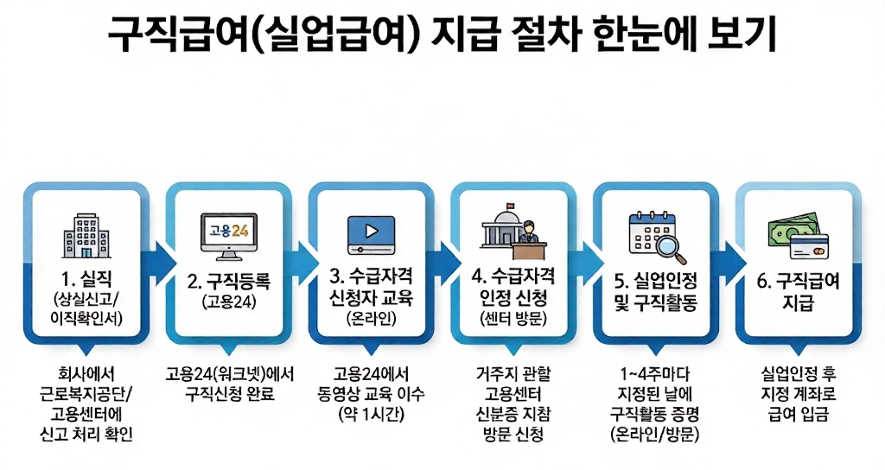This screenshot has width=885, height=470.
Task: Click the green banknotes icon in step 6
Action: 790,231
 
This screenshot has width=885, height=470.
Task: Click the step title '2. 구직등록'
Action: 229,281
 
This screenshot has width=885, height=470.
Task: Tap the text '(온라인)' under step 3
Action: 371,320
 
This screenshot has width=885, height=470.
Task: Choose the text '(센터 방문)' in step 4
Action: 513,320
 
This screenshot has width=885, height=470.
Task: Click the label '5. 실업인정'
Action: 655,281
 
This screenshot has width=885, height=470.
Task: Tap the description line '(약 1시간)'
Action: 371,415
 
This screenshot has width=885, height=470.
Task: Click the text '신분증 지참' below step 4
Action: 513,415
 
